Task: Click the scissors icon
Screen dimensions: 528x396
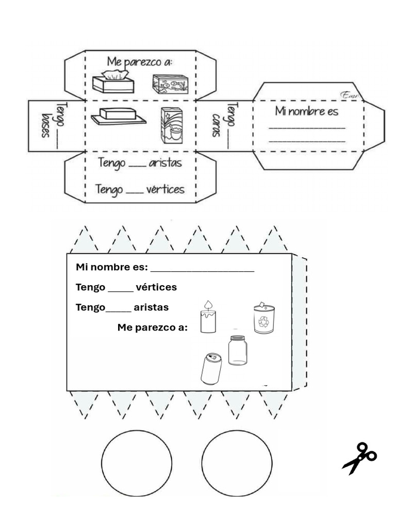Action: [x=359, y=457]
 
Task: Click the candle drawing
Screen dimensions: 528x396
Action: [x=208, y=318]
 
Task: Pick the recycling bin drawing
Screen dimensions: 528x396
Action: [x=263, y=318]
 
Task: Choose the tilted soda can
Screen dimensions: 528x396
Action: [x=211, y=368]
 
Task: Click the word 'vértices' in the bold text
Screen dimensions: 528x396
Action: [x=156, y=287]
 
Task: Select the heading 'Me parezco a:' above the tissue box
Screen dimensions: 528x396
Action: [x=139, y=62]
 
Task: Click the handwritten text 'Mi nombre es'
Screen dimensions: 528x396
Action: [x=306, y=111]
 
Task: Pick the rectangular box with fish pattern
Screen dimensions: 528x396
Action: [x=170, y=83]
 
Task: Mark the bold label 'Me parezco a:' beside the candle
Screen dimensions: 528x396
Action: [x=153, y=328]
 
